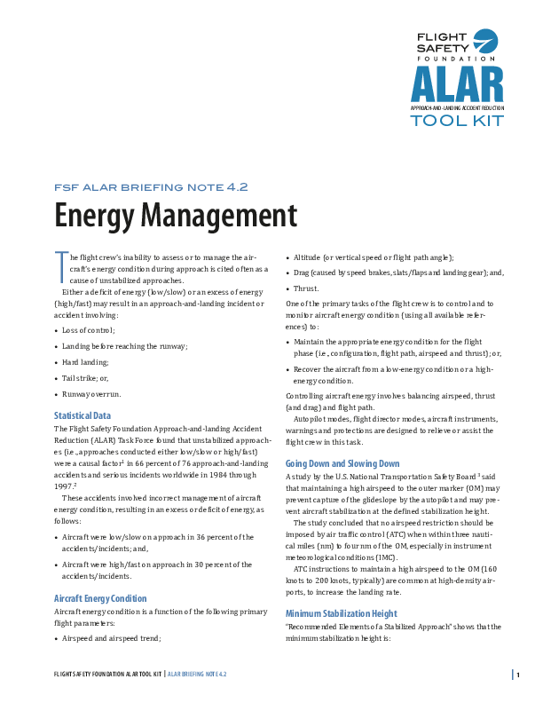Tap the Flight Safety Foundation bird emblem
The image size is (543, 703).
coord(485,41)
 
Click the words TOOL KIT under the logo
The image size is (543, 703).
coord(456,120)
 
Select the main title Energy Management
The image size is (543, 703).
coord(175,216)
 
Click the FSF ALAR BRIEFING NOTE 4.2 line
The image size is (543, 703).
coord(151,186)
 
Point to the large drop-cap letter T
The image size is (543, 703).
coord(60,264)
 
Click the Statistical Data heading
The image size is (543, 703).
coord(83,415)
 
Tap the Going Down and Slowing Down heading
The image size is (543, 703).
coord(342,463)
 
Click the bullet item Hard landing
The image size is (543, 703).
coord(85,362)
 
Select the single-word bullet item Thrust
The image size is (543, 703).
coord(306,288)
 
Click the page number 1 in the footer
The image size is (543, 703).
coord(518,675)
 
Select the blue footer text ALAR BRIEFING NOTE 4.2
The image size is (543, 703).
coord(198,675)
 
